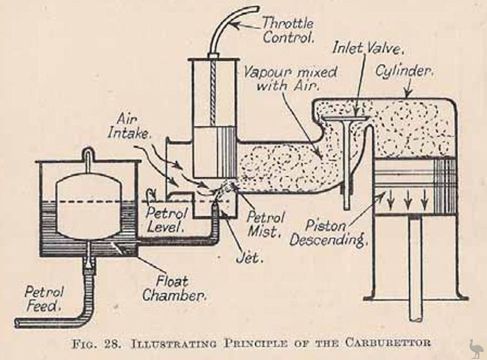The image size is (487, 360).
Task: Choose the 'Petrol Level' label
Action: click(x=165, y=220)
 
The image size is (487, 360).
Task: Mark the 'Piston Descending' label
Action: click(x=327, y=231)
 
